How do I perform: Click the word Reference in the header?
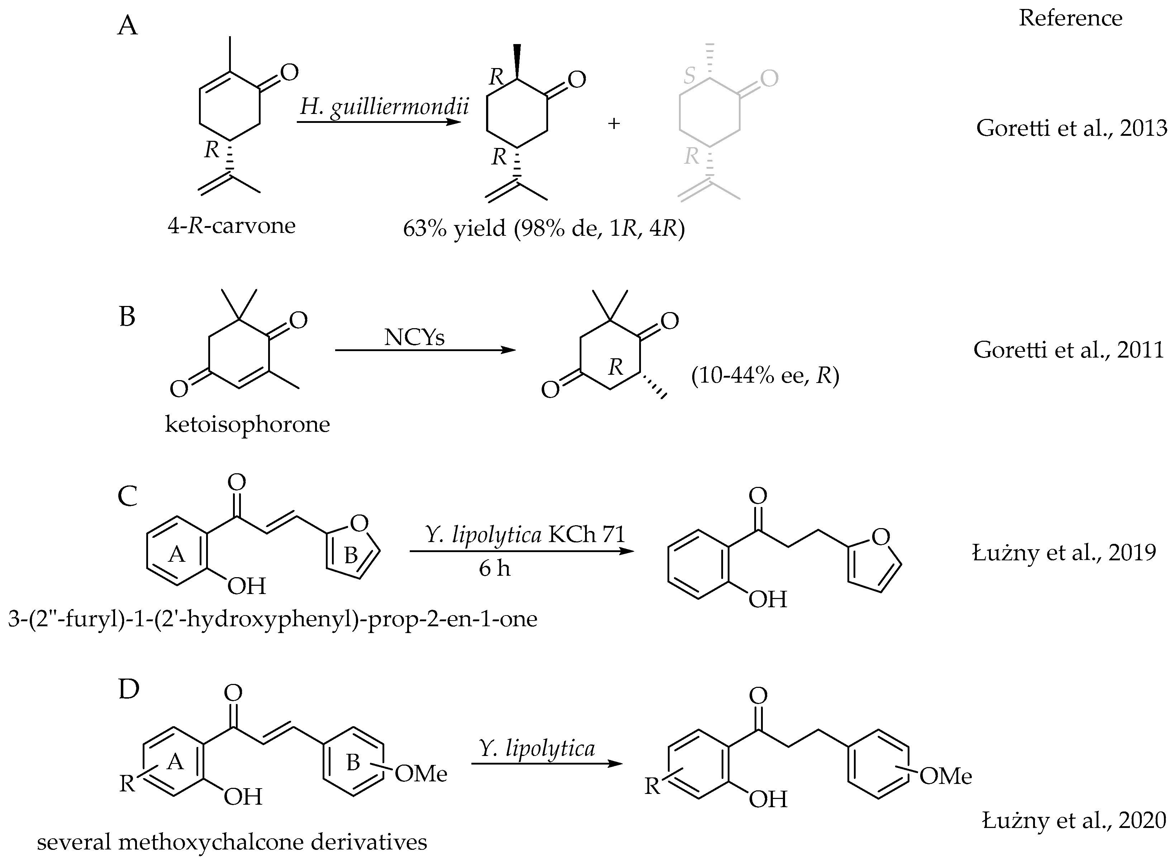point(1070,18)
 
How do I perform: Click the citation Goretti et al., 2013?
point(1071,128)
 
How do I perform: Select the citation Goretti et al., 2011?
point(1068,350)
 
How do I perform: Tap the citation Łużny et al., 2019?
point(1064,552)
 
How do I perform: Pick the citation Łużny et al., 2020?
point(1074,820)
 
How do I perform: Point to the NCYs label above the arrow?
point(414,337)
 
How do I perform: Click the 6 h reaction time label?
point(494,568)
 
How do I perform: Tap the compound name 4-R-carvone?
point(231,225)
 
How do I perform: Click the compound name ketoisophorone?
point(247,424)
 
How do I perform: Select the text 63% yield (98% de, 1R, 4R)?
point(543,229)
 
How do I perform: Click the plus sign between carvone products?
point(614,124)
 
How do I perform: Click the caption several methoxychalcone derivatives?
point(232,842)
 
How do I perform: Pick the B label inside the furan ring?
point(350,556)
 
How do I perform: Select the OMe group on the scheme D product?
point(945,776)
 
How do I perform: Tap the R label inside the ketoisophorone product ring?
point(615,367)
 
